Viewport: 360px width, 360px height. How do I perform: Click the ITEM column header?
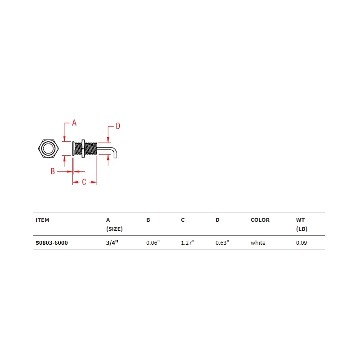42,220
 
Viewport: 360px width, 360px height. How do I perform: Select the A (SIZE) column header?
114,224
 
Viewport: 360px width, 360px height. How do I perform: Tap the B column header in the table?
148,220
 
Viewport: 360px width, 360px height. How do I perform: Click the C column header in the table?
183,220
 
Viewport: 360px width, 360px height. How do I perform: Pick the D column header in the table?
217,220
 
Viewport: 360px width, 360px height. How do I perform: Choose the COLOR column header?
260,220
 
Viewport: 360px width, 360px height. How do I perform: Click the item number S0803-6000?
52,243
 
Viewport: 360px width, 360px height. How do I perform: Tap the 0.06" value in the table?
153,243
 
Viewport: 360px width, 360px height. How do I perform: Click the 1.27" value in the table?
187,243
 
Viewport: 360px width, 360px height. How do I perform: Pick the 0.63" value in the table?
222,243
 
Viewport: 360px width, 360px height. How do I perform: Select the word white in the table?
258,243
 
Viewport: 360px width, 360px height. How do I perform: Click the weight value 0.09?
301,243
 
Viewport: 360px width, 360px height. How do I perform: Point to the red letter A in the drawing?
74,122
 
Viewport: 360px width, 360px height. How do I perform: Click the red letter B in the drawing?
53,171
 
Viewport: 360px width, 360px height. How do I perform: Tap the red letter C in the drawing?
84,182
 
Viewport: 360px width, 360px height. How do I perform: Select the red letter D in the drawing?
117,126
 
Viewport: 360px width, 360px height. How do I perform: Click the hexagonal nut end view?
48,148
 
